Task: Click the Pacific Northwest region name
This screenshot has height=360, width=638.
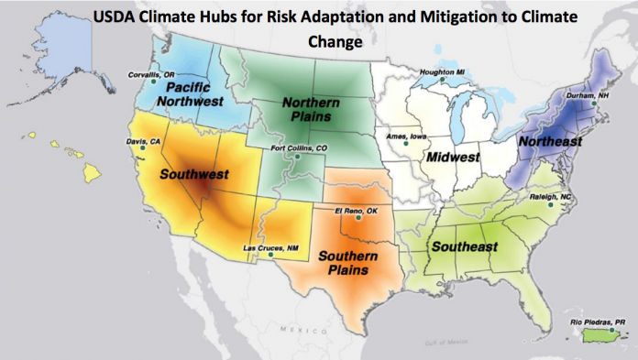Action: click(x=176, y=93)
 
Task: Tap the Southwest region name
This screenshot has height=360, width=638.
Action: click(x=193, y=173)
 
